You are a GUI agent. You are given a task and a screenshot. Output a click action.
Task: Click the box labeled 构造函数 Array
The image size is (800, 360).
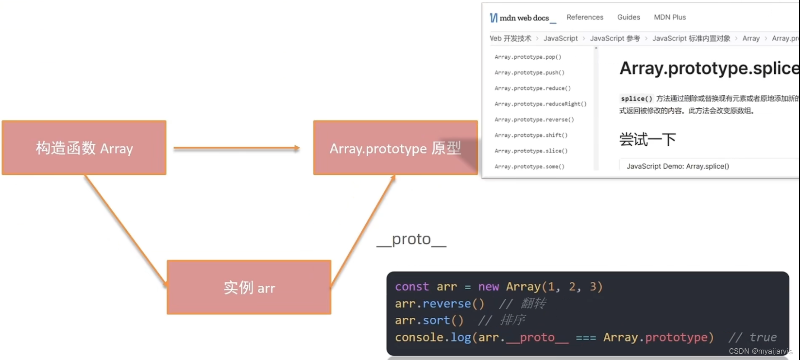[x=84, y=148]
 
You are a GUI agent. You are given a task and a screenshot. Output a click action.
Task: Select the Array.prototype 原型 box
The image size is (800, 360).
[x=395, y=148]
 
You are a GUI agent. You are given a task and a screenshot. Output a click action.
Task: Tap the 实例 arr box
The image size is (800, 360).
[x=249, y=287]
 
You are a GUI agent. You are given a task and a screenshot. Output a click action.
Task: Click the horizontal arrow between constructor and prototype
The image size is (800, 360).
[x=236, y=148]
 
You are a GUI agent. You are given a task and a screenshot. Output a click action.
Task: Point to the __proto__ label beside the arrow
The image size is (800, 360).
[x=411, y=239]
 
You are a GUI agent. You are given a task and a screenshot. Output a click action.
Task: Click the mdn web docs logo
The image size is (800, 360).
[x=519, y=18]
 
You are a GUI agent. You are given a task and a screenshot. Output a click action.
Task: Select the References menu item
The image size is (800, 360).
[x=585, y=17]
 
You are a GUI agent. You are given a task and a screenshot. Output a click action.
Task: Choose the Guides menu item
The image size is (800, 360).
[x=629, y=17]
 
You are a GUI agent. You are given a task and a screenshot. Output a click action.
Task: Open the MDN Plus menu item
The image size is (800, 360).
[x=670, y=17]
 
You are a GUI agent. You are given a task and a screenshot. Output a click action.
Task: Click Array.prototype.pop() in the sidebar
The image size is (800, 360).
[x=528, y=57]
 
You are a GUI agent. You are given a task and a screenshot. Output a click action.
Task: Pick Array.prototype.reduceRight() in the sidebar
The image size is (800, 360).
[x=540, y=104]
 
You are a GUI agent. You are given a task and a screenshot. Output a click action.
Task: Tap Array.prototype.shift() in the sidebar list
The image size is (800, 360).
[x=531, y=135]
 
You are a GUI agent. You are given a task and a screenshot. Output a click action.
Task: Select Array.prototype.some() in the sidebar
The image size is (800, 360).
[x=529, y=167]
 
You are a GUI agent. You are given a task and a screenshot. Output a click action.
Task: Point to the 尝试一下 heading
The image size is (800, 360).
[x=647, y=140]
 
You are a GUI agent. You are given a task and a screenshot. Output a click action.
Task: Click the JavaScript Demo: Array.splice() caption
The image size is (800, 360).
[x=678, y=166]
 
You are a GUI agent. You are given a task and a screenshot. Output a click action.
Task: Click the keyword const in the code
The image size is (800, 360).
[x=411, y=287]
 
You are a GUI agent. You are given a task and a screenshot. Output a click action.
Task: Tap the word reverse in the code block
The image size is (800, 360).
[x=446, y=304]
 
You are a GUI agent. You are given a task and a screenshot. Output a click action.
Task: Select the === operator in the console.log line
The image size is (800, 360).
[x=585, y=338]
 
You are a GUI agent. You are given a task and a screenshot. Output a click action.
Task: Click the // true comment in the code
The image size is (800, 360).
[x=752, y=337]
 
